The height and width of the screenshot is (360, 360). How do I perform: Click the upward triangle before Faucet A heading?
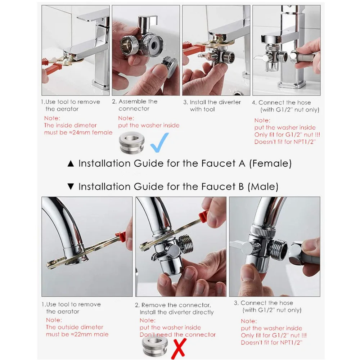click(x=71, y=164)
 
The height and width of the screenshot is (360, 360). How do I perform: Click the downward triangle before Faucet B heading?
click(x=71, y=186)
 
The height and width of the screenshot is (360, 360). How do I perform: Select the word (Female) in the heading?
click(x=270, y=163)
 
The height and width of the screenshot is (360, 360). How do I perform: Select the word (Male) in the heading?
click(x=263, y=186)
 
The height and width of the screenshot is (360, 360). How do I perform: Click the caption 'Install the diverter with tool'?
click(x=212, y=105)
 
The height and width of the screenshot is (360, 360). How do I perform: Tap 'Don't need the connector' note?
click(x=178, y=334)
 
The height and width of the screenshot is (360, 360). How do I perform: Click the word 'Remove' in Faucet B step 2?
click(x=153, y=305)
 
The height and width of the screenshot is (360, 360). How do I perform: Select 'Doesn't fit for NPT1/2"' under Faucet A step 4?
click(x=285, y=141)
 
